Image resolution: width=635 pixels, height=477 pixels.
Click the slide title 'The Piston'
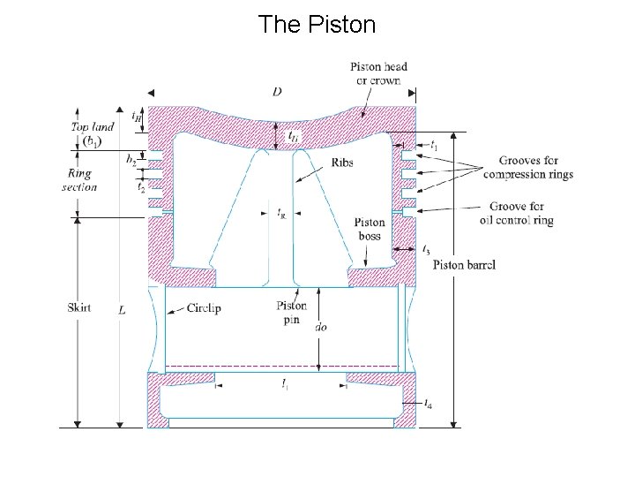pos(317,25)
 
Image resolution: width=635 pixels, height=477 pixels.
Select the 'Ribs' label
pos(343,163)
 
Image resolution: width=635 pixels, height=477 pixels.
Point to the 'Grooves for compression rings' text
pos(527,167)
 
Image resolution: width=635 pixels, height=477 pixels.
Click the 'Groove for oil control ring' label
pos(516,214)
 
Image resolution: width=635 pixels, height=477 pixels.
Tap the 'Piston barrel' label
pos(465,265)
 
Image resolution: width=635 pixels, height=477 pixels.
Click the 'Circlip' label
pos(207,308)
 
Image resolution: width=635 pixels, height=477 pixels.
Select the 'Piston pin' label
pos(292,312)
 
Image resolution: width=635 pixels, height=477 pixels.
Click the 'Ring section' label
pos(79,180)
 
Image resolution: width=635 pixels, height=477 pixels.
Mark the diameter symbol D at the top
pos(278,92)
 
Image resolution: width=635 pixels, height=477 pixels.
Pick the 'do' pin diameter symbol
pos(323,326)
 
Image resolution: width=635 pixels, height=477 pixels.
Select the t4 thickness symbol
pos(429,404)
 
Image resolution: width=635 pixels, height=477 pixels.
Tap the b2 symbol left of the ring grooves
pos(131,161)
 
